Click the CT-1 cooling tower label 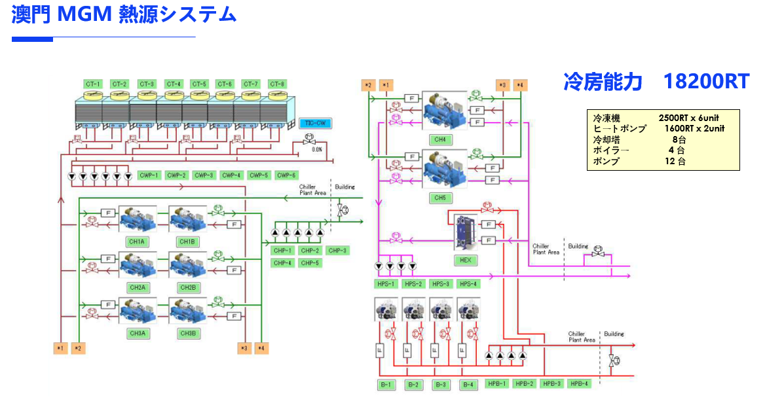click(93, 84)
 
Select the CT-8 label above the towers click(277, 84)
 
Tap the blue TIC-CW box click(316, 122)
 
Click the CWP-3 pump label click(204, 175)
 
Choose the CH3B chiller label click(187, 333)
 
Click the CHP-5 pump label click(310, 263)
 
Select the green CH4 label click(440, 139)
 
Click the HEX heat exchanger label click(465, 260)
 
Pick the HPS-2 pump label click(413, 284)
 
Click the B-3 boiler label click(441, 384)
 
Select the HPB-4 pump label click(578, 383)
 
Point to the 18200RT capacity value click(706, 82)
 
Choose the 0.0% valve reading click(317, 149)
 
